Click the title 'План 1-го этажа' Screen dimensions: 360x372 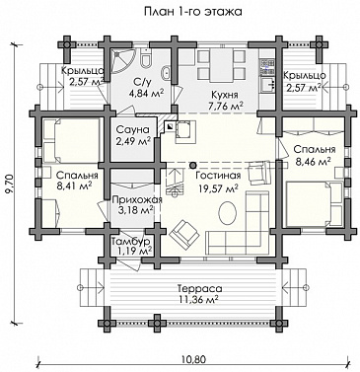193,12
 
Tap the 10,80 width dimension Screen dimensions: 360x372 193,359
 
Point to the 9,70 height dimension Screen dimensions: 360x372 10,185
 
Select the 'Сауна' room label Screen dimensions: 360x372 132,130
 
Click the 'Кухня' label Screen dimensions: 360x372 225,96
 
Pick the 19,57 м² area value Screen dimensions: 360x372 218,188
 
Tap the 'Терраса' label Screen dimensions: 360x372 200,289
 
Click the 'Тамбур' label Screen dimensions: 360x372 130,242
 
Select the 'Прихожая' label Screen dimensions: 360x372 137,200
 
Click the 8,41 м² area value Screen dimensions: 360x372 74,186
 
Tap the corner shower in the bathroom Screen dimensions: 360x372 121,61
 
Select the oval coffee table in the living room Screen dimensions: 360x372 227,213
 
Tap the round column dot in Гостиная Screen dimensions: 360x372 193,165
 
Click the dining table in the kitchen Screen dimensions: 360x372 222,65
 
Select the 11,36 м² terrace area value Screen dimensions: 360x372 199,300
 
